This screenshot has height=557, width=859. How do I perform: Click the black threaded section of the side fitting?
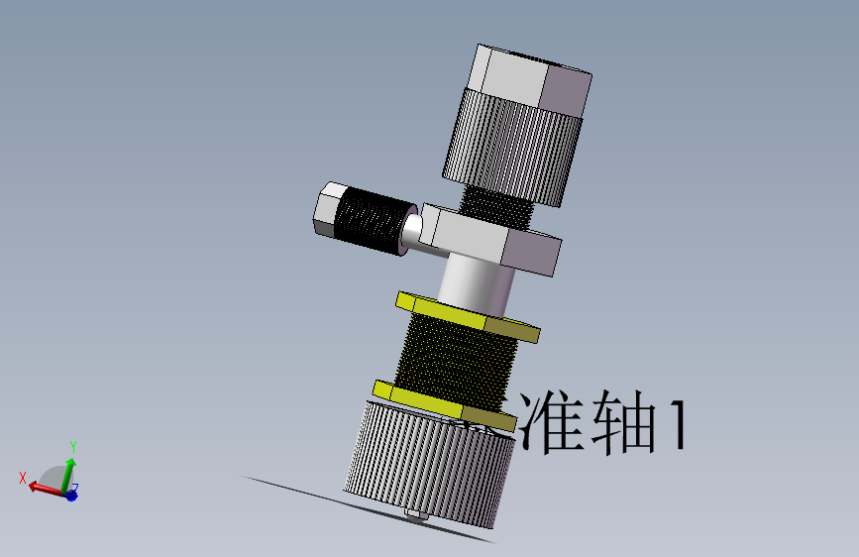pos(372,224)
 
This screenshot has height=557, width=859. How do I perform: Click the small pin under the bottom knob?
pos(416,513)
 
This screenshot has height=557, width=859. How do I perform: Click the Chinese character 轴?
pos(621,422)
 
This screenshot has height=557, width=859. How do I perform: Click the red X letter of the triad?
pos(22,477)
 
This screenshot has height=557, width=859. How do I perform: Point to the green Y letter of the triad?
pos(73,447)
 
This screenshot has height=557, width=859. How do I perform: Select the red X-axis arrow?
pos(44,487)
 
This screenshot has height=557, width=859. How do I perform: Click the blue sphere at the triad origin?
pos(71,494)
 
